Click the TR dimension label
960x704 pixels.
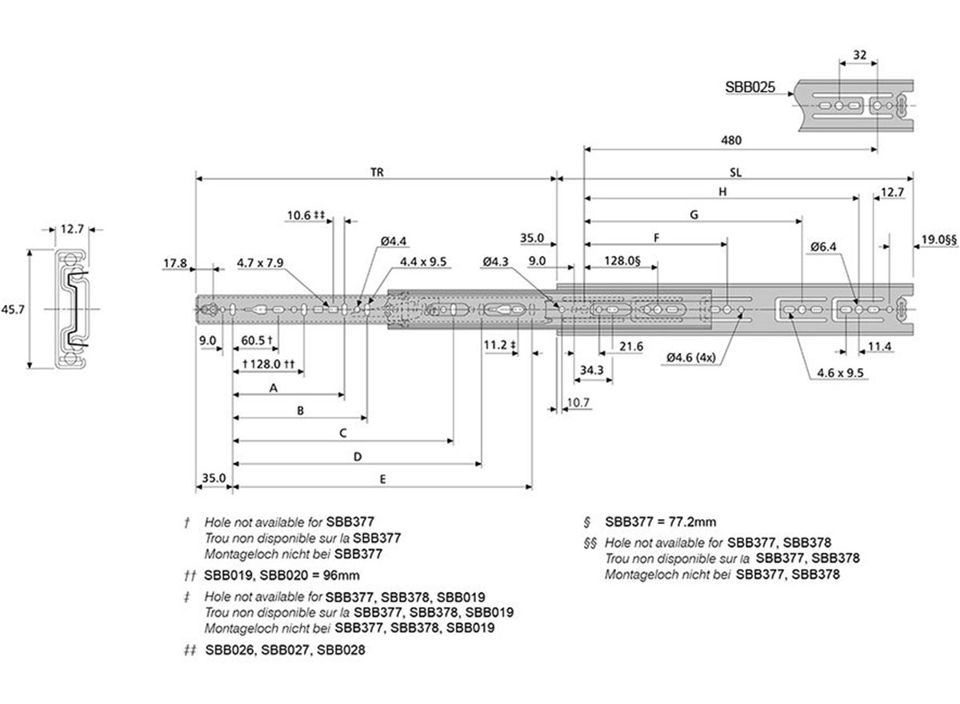pyautogui.click(x=376, y=172)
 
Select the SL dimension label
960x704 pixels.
pyautogui.click(x=734, y=172)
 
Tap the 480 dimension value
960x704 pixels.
pyautogui.click(x=731, y=140)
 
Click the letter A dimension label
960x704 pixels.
pyautogui.click(x=273, y=387)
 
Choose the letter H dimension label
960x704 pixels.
pyautogui.click(x=722, y=192)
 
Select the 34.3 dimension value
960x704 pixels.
pyautogui.click(x=593, y=370)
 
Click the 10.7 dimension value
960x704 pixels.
pyautogui.click(x=577, y=401)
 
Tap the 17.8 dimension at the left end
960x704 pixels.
pyautogui.click(x=175, y=262)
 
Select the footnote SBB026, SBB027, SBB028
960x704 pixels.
pyautogui.click(x=285, y=650)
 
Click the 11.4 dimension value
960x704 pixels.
pyautogui.click(x=879, y=346)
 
